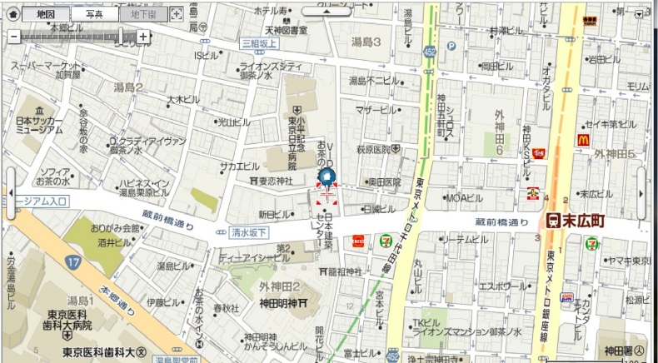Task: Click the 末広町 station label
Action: point(581,221)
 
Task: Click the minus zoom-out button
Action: point(13,37)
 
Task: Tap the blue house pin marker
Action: point(327,177)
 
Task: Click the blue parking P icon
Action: point(451,47)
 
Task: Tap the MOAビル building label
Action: point(464,198)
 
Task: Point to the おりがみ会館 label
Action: point(115,228)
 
